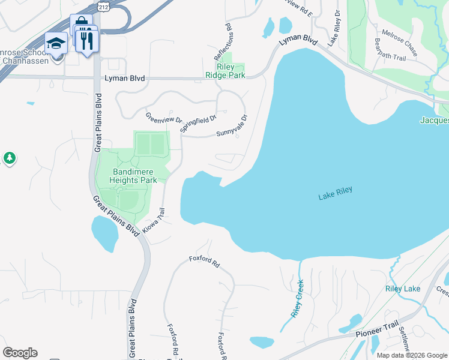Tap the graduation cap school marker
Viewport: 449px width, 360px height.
click(x=56, y=44)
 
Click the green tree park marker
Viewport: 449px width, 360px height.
click(x=9, y=158)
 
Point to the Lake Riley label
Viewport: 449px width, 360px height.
click(x=335, y=193)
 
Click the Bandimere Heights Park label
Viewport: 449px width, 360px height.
click(x=134, y=176)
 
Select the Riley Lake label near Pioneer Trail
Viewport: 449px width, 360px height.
click(x=402, y=289)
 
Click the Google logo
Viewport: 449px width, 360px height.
click(x=20, y=353)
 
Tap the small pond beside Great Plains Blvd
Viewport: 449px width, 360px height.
click(x=104, y=233)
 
